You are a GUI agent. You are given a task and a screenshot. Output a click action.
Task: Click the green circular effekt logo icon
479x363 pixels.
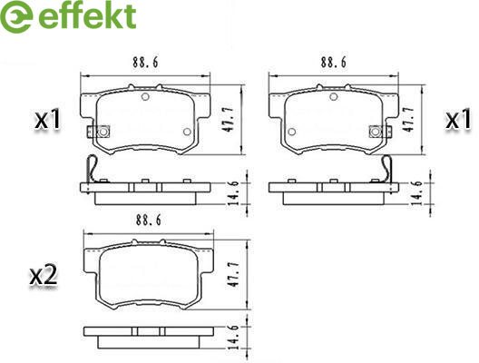point(16,17)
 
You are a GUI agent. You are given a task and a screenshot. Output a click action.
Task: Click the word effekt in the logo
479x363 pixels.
point(87,16)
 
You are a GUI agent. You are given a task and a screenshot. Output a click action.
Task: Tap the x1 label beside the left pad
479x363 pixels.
point(48,121)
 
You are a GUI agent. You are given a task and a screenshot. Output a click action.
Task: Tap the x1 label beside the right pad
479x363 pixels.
point(458,121)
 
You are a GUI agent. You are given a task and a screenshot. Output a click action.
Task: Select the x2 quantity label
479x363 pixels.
point(44,276)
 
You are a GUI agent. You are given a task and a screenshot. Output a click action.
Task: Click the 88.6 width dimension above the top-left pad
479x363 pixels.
point(145,63)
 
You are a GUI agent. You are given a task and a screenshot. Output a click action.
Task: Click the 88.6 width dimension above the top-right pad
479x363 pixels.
point(334,63)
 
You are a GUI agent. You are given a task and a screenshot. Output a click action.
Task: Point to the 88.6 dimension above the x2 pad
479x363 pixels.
point(149,220)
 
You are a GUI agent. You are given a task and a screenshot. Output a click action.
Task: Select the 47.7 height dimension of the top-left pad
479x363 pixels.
point(229,120)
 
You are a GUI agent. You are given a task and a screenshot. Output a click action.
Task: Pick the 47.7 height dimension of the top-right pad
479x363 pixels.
point(408,120)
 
